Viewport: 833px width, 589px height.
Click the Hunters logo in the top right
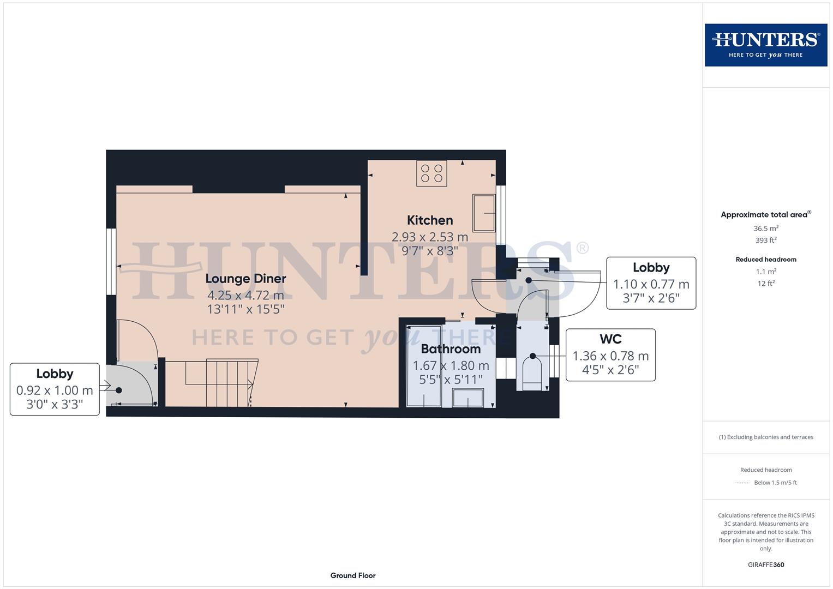pos(765,45)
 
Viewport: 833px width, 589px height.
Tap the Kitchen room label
pos(430,220)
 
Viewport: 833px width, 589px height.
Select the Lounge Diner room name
pos(245,279)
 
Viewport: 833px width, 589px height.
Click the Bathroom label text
pos(451,349)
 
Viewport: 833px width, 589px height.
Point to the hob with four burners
pos(432,173)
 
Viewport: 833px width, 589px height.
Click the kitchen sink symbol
pos(484,213)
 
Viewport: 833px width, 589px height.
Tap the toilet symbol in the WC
pos(532,372)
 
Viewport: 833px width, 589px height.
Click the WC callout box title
pos(610,339)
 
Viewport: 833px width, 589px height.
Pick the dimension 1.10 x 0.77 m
pos(651,284)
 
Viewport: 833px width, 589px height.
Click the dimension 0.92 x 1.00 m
pos(55,390)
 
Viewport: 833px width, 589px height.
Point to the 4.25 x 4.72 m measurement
pos(245,296)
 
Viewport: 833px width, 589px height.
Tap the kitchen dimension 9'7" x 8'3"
pos(430,251)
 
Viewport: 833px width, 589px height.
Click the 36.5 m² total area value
pos(766,229)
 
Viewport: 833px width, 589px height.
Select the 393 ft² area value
pos(766,240)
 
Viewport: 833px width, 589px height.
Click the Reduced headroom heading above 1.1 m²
pos(766,260)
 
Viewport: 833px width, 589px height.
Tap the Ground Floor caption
pos(353,575)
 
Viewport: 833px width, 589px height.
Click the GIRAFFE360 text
pos(766,564)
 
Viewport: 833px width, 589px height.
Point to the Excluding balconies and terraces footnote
pos(766,437)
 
